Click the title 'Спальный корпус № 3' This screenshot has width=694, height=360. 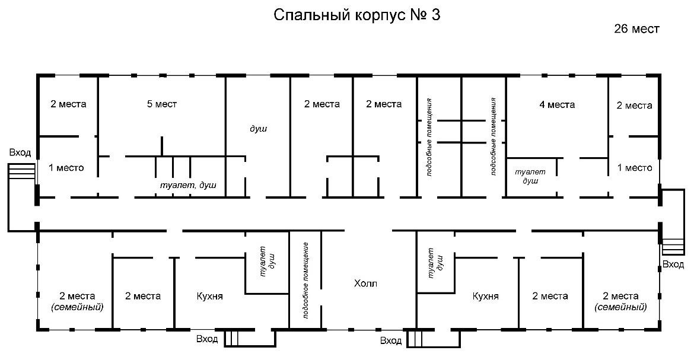[x=356, y=15]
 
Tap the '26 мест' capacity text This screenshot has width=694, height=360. [x=636, y=29]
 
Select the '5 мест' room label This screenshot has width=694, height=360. [x=162, y=104]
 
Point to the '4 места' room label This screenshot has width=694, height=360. [x=557, y=105]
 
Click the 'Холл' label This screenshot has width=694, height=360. [x=365, y=283]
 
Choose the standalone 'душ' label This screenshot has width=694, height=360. [x=259, y=129]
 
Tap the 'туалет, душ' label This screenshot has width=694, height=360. [x=188, y=185]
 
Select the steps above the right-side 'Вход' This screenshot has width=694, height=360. [x=673, y=247]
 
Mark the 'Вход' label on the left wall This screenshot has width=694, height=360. [x=20, y=153]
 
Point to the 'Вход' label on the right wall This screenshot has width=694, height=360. [x=673, y=265]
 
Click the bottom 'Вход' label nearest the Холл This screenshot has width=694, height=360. [x=391, y=340]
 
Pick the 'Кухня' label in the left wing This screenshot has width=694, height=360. [x=209, y=296]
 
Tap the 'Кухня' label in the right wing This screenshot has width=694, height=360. [x=486, y=296]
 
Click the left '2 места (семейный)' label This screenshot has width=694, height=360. [x=77, y=301]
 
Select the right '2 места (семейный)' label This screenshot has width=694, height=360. [x=620, y=301]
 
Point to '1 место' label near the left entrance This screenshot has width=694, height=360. [x=66, y=168]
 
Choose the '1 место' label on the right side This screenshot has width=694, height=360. [x=635, y=168]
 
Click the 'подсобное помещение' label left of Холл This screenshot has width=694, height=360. [x=305, y=280]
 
